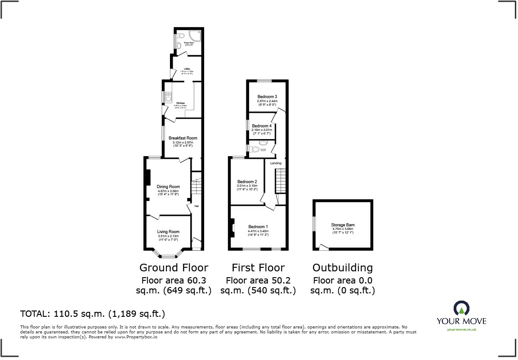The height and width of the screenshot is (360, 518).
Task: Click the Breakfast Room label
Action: click(x=183, y=138)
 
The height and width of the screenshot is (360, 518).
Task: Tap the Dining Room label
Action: click(x=168, y=187)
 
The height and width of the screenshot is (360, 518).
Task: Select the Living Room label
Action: click(x=168, y=232)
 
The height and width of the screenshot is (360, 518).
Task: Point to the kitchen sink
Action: click(x=168, y=96)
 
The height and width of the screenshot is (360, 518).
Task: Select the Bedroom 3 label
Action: click(x=267, y=97)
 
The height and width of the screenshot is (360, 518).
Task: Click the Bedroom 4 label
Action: click(x=262, y=126)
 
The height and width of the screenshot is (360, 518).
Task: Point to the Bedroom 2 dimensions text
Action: click(x=247, y=187)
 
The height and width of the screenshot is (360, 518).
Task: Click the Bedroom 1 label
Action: click(x=258, y=226)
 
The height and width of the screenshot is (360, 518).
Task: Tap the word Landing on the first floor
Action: click(x=276, y=163)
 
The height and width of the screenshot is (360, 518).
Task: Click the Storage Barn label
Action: click(x=343, y=225)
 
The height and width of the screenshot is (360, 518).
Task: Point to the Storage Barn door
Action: click(x=322, y=247)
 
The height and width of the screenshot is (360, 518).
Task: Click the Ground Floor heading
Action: click(x=174, y=268)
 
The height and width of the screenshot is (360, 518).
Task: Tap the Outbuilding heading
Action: click(x=343, y=268)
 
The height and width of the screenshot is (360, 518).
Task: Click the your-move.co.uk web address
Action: click(x=462, y=329)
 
